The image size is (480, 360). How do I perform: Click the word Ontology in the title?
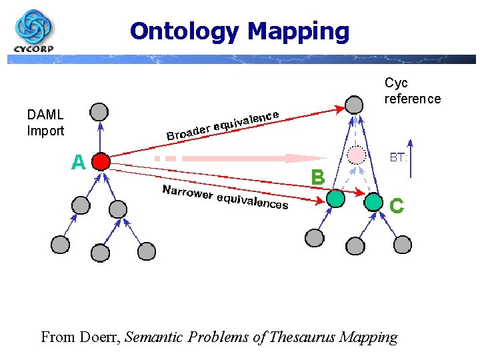[185, 31]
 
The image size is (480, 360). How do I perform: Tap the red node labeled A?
[101, 161]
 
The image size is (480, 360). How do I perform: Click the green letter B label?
[318, 177]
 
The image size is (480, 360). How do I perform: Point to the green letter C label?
[396, 206]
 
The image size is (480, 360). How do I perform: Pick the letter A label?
[79, 162]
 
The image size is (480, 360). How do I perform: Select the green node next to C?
[374, 200]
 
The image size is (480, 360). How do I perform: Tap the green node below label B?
[335, 198]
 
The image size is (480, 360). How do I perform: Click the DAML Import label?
[45, 123]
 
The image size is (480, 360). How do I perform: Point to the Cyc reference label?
[412, 91]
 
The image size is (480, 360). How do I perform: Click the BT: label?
[398, 157]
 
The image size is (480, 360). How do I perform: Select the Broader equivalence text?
[223, 125]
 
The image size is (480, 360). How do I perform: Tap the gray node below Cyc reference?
[354, 105]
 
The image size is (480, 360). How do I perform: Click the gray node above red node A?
[99, 111]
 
